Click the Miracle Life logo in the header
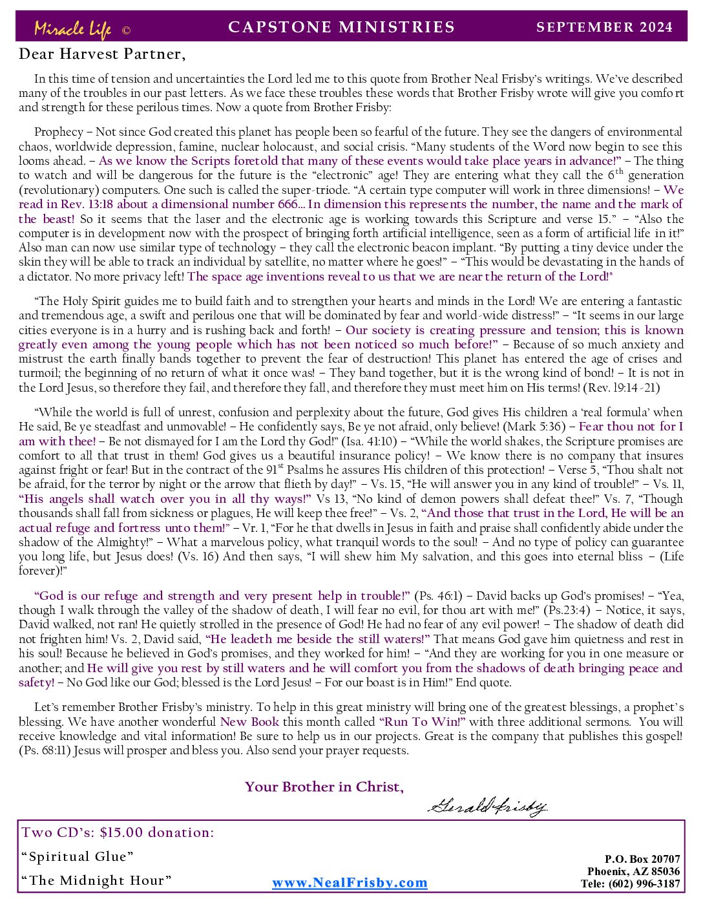(72, 29)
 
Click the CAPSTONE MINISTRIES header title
(342, 27)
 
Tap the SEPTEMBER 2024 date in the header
(605, 27)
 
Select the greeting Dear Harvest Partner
(102, 54)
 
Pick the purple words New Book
(249, 722)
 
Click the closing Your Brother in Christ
(324, 787)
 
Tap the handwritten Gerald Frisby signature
(487, 806)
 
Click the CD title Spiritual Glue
(78, 856)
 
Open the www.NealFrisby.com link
(350, 883)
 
